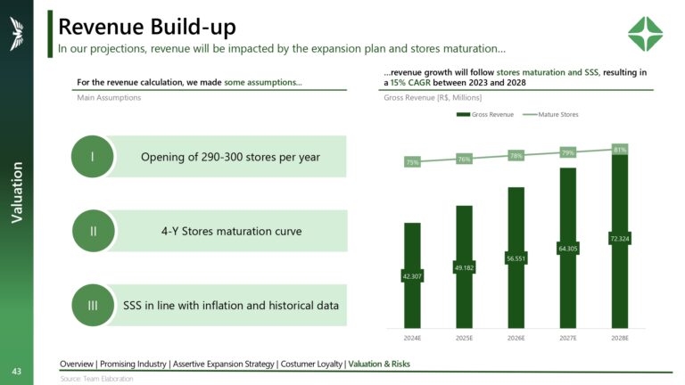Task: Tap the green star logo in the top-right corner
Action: pyautogui.click(x=645, y=34)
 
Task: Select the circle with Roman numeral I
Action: pyautogui.click(x=93, y=157)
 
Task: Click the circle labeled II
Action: pyautogui.click(x=93, y=231)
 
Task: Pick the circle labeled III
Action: pyautogui.click(x=93, y=306)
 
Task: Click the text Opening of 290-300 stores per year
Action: pyautogui.click(x=230, y=158)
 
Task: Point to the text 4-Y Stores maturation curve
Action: pyautogui.click(x=225, y=232)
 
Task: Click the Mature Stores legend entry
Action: pyautogui.click(x=557, y=115)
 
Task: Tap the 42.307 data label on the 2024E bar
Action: pyautogui.click(x=412, y=276)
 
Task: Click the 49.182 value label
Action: pyautogui.click(x=464, y=267)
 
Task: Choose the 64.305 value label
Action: pyautogui.click(x=568, y=248)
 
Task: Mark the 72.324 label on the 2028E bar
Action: pyautogui.click(x=620, y=238)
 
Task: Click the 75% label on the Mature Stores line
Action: pyautogui.click(x=412, y=162)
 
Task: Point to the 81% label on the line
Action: pyautogui.click(x=620, y=150)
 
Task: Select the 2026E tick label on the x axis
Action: pyautogui.click(x=516, y=339)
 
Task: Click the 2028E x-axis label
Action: pyautogui.click(x=620, y=339)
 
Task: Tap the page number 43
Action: pyautogui.click(x=16, y=370)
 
